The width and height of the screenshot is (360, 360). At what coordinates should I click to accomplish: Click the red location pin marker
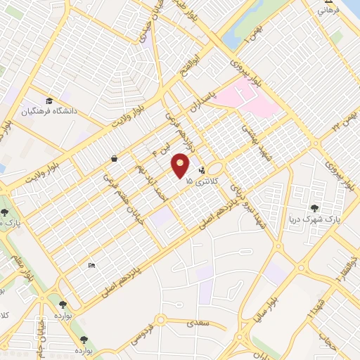181,167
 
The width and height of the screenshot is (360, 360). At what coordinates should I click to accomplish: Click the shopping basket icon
114,159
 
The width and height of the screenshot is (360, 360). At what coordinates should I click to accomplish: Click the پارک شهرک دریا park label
314,219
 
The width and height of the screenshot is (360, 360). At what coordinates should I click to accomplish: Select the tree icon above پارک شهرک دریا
314,208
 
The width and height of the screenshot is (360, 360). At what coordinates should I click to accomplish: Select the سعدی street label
194,324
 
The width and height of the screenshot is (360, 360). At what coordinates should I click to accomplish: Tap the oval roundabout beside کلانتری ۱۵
215,169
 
